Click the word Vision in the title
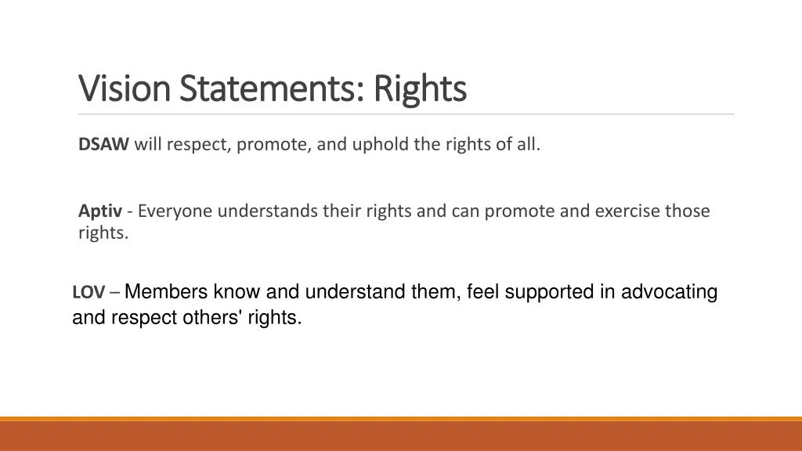(124, 88)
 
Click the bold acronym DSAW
(103, 144)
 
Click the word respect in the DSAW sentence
(197, 144)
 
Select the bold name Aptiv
(100, 211)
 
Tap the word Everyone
(176, 211)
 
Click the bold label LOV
(89, 293)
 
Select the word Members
(166, 292)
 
